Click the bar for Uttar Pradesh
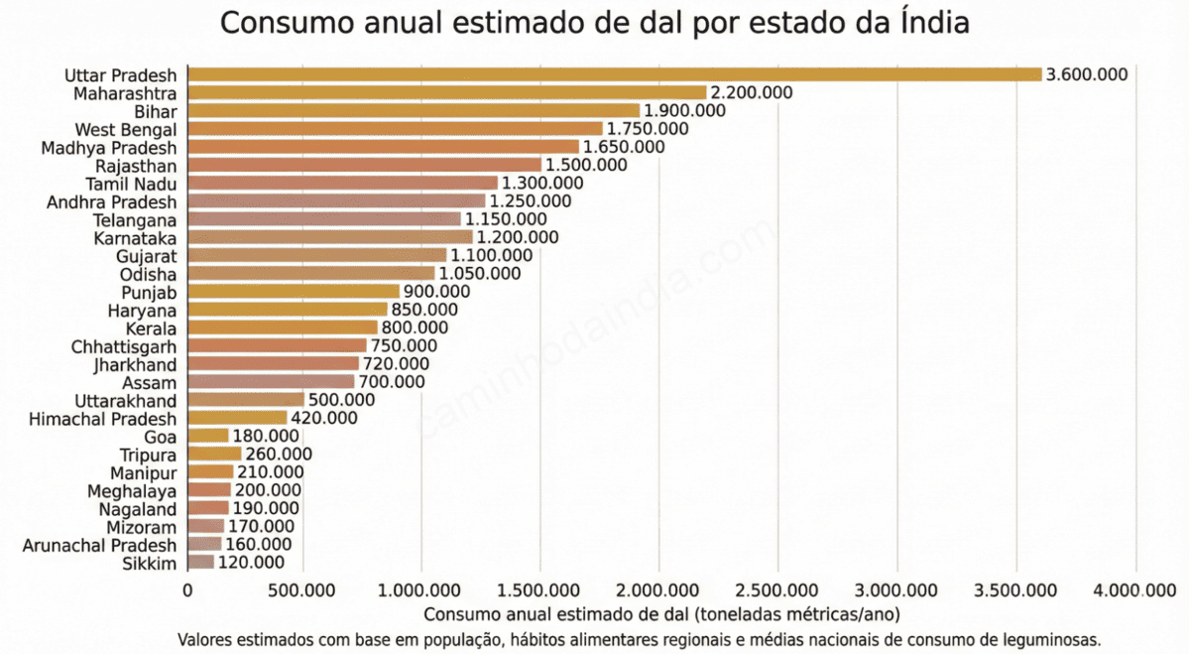coord(615,74)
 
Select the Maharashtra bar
coord(446,92)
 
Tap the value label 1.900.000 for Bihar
coord(684,110)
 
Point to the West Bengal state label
coord(126,129)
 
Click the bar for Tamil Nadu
coord(342,183)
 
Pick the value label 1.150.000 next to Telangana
coord(506,219)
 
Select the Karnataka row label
coord(135,238)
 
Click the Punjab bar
coord(294,292)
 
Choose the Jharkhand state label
coord(131,364)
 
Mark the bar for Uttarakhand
coord(246,400)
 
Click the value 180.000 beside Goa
coord(266,437)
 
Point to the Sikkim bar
coord(201,563)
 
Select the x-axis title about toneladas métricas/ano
coord(661,614)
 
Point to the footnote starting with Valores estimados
coord(640,639)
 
